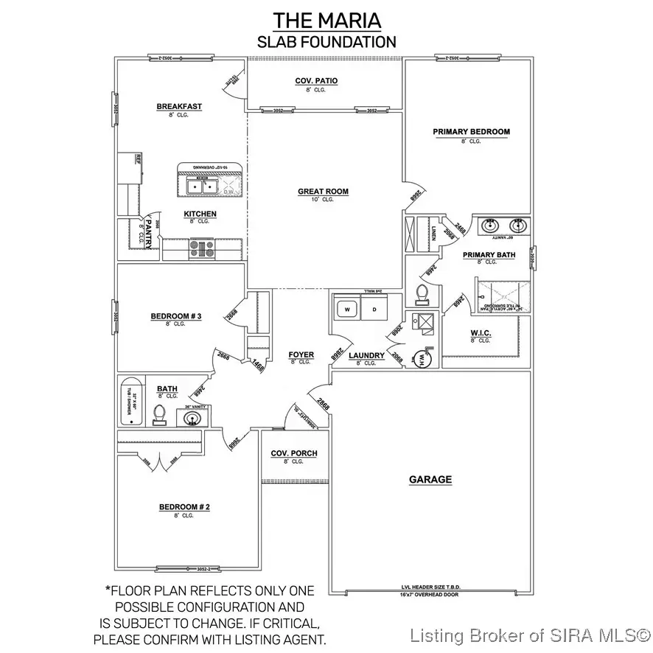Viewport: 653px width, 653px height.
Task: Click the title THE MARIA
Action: point(326,19)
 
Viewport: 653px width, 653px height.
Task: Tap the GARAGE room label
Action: point(430,480)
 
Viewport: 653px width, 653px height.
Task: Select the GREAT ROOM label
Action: point(323,192)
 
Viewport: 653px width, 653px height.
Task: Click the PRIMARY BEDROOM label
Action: point(471,132)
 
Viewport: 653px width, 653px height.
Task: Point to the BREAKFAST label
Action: point(179,107)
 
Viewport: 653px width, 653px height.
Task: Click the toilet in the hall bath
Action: point(159,416)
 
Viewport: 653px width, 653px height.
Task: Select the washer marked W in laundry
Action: point(347,308)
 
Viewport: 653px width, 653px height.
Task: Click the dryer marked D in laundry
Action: point(374,308)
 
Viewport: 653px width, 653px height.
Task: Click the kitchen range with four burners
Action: point(200,248)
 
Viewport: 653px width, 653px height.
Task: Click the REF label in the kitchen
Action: point(137,158)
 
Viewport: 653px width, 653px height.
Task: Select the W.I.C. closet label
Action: point(481,333)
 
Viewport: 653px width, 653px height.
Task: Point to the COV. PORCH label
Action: point(293,453)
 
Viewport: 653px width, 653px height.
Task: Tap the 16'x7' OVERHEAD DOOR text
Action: point(432,593)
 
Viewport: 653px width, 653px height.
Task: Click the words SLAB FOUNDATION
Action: point(326,42)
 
